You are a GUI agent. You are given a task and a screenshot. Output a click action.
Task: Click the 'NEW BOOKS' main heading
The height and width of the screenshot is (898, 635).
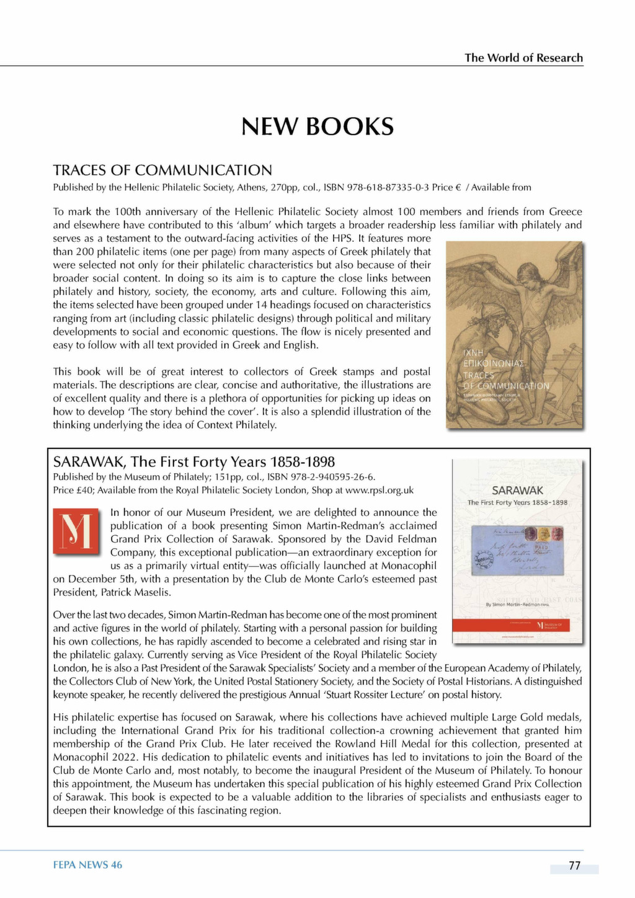point(317,127)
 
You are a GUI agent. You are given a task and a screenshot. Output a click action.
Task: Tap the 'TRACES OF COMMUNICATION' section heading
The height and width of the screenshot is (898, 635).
point(162,170)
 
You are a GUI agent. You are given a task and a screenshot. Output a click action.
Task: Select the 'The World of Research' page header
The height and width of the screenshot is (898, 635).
point(523,58)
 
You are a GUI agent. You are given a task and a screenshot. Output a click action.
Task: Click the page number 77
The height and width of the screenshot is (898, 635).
point(574,866)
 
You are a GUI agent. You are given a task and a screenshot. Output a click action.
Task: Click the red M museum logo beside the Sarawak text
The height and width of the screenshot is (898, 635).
point(76,531)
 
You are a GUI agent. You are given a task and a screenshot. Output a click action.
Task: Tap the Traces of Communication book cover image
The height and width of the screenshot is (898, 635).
point(515,335)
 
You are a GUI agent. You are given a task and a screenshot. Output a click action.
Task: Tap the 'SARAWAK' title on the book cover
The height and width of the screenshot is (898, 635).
point(517,491)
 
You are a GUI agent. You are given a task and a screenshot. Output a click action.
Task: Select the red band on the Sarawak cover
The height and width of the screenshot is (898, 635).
point(517,625)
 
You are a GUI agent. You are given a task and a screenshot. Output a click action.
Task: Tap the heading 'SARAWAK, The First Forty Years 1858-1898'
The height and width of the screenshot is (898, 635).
point(194,462)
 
